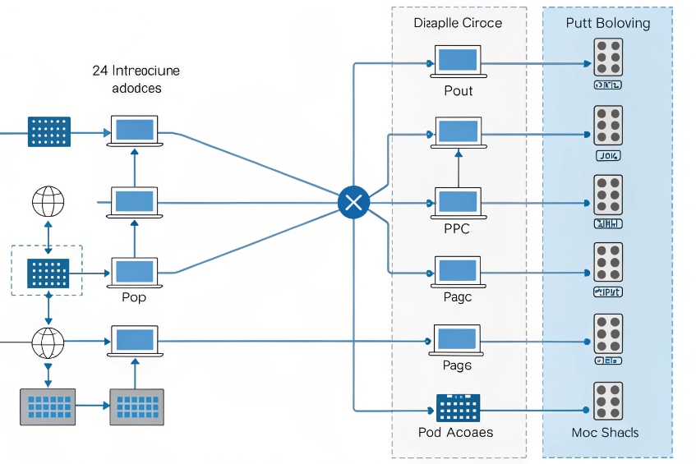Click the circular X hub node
[x=353, y=202]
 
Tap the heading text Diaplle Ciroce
[x=458, y=23]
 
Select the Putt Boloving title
[x=607, y=23]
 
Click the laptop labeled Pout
[x=458, y=62]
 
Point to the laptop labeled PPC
[x=458, y=202]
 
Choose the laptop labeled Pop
[x=134, y=272]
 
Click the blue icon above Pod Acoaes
[x=458, y=407]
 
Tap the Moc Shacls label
[x=605, y=432]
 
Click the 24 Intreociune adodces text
[x=136, y=79]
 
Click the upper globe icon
[x=48, y=202]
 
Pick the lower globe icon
[x=48, y=341]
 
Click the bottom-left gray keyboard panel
[x=48, y=407]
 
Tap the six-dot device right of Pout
[x=607, y=57]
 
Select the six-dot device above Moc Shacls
[x=607, y=402]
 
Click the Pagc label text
[x=458, y=297]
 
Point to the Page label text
[x=458, y=365]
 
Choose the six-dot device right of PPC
[x=607, y=195]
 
